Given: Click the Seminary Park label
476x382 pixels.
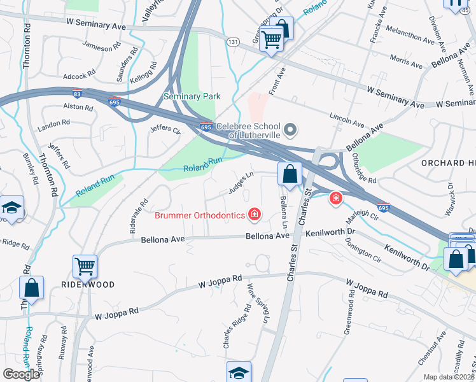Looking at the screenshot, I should click(192, 96).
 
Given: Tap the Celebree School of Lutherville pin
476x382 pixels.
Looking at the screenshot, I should click(290, 131).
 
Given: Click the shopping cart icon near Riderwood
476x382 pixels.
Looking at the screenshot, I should click(85, 267).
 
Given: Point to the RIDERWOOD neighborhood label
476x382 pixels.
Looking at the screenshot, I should click(88, 285).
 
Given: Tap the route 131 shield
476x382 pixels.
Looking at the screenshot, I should click(233, 41).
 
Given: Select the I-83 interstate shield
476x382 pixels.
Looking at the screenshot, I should click(76, 93).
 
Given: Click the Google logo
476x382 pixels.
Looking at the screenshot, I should click(21, 374).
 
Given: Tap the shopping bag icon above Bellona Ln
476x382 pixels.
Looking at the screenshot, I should click(290, 174).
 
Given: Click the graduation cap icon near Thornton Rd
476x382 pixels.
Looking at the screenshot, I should click(11, 209).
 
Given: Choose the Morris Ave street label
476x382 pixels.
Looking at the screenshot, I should click(406, 62).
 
